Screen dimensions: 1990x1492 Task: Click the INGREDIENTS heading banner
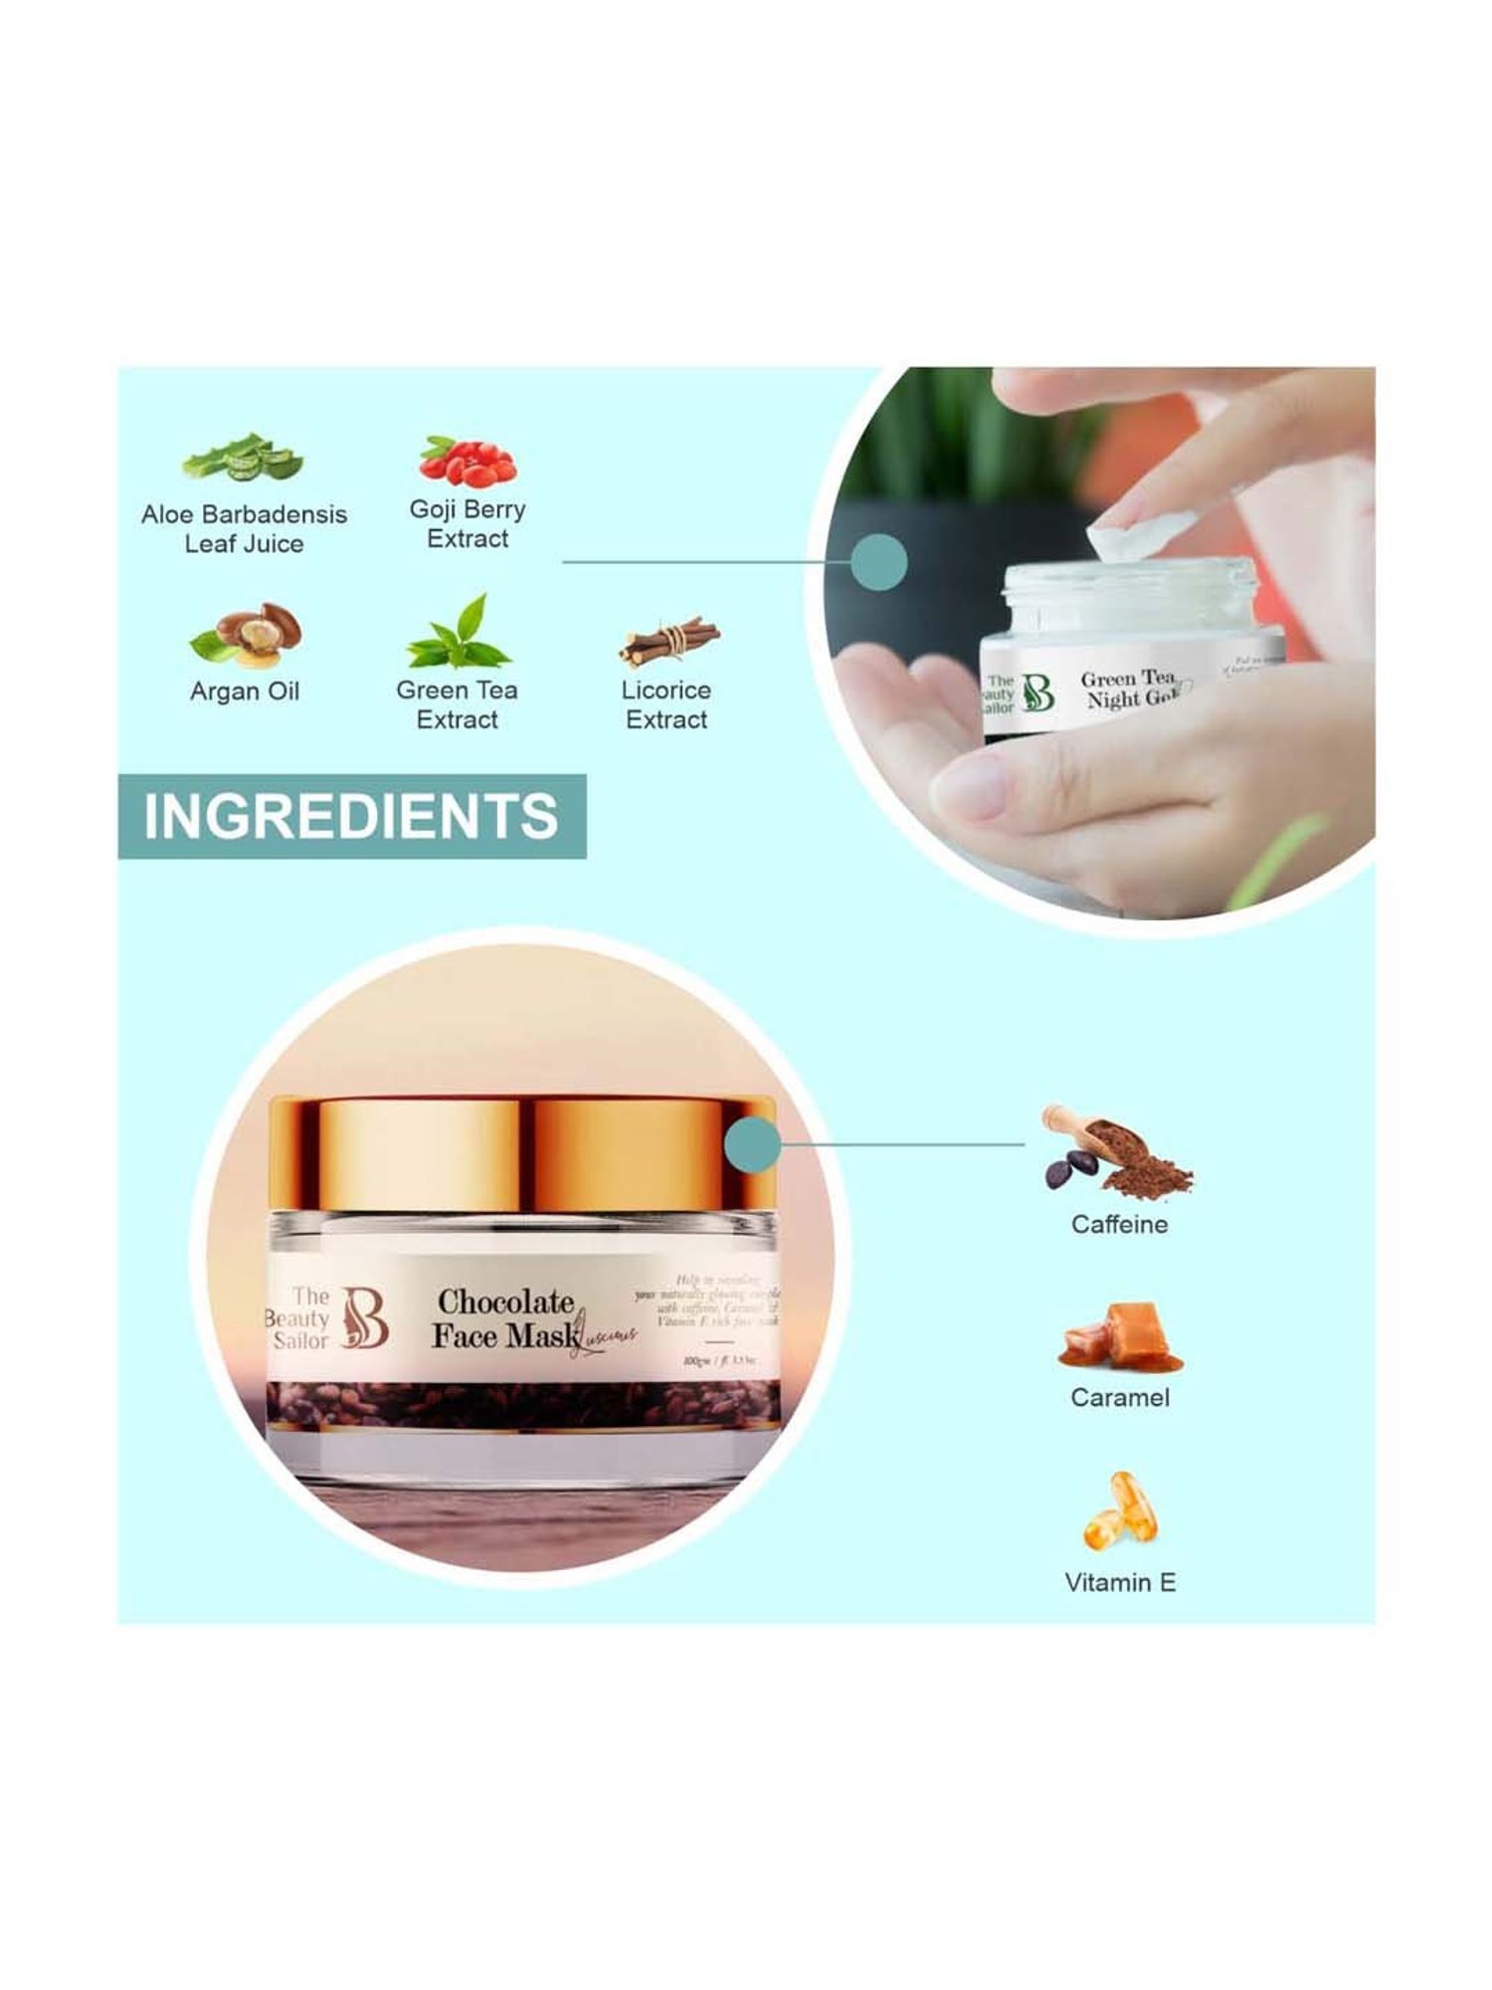coord(351,816)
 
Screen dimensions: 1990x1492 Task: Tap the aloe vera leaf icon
coord(242,460)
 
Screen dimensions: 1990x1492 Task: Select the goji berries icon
coord(467,461)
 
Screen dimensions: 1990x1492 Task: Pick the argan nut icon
coord(246,634)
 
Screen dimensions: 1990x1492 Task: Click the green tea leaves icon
coord(459,634)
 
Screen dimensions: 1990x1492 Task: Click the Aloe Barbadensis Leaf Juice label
coord(244,528)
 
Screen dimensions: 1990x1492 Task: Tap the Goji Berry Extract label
coord(467,523)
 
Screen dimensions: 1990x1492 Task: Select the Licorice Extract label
coord(665,704)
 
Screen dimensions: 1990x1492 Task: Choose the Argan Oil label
coord(245,692)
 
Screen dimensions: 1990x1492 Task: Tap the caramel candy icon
coord(1120,1334)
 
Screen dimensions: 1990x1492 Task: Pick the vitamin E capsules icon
coord(1120,1510)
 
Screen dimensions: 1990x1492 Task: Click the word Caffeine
coord(1119,1224)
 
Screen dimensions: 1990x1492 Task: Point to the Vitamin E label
coord(1120,1582)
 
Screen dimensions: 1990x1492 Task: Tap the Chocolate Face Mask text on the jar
coord(505,1318)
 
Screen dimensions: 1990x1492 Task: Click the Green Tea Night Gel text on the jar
coord(1130,689)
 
